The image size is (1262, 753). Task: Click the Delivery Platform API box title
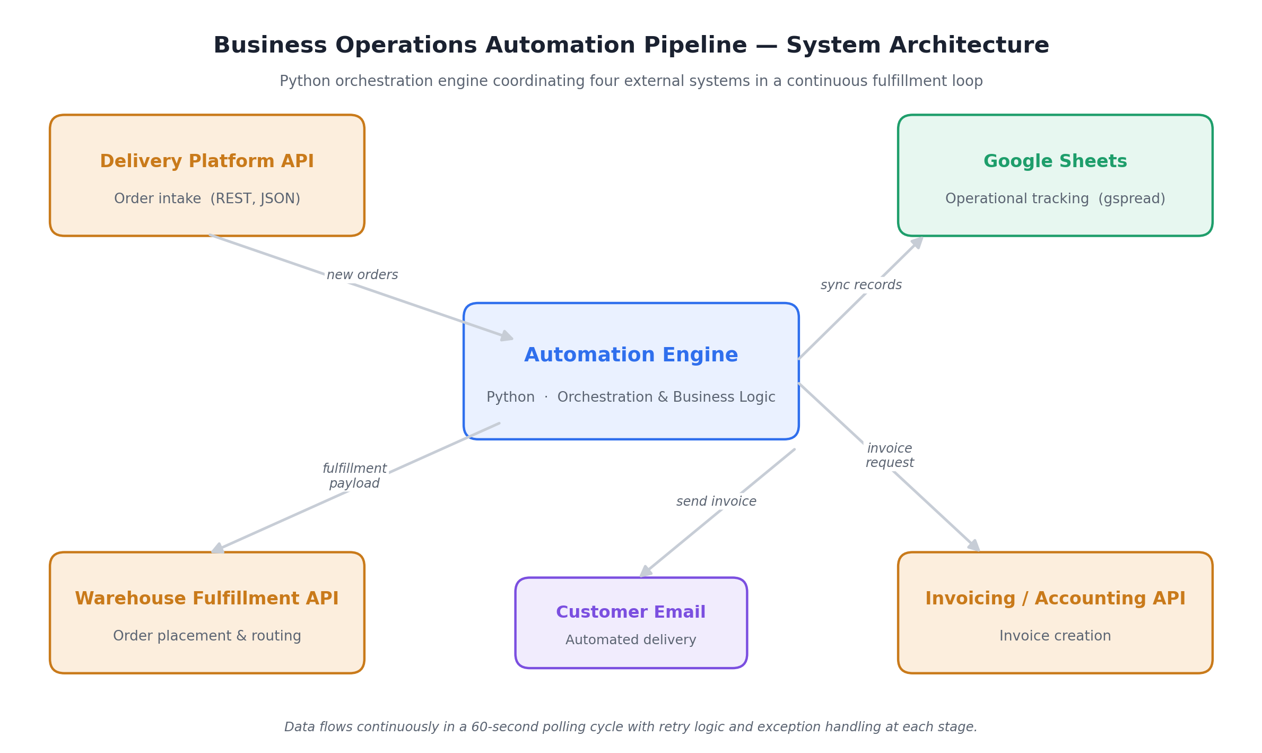point(207,161)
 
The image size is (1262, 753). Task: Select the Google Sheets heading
point(1055,161)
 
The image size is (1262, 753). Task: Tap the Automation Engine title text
point(631,355)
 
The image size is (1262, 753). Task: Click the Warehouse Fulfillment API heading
point(207,599)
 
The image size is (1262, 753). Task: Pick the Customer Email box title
point(631,612)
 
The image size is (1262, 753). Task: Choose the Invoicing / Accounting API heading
point(1055,599)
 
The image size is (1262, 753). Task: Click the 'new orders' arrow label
point(362,275)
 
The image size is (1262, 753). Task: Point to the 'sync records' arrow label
point(861,285)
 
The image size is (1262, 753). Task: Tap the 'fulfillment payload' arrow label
point(354,476)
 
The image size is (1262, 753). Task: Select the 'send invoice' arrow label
point(716,501)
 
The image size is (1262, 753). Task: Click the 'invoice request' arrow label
point(890,455)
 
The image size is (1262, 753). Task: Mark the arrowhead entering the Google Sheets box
point(918,243)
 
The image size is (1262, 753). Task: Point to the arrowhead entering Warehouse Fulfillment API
point(217,548)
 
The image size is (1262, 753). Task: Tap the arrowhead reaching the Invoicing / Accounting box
point(973,546)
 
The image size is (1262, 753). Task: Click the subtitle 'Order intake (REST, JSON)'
point(207,199)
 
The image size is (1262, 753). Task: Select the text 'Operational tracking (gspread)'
point(1055,199)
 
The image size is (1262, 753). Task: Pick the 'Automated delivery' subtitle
point(631,640)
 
